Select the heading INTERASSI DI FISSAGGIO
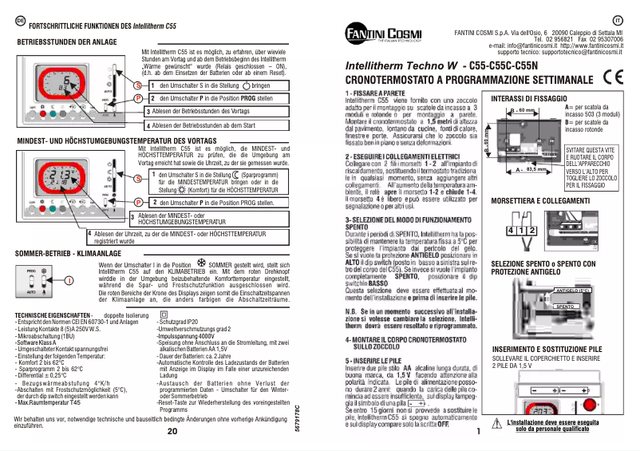(x=530, y=98)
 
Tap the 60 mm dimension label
(x=524, y=109)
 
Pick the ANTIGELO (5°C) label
(x=571, y=291)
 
